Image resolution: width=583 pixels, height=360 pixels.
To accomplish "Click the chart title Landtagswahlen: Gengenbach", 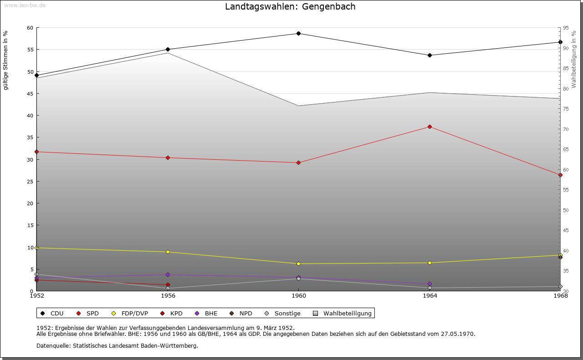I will click(290, 7).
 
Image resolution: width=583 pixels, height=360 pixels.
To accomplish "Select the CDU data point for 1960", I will click(298, 33).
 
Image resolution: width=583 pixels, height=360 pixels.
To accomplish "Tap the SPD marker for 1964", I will click(430, 127).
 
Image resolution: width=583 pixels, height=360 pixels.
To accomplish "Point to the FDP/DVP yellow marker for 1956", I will click(168, 252).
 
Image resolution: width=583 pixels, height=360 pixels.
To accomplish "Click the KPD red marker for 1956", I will click(168, 285).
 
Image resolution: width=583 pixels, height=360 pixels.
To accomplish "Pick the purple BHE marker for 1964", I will click(430, 284).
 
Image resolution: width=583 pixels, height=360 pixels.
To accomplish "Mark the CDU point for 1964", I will click(430, 55).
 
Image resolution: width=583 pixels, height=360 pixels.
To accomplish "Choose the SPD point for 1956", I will click(168, 157).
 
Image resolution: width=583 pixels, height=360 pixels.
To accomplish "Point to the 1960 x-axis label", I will click(298, 296).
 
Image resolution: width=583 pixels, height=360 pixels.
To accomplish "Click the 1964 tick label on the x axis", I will click(430, 296).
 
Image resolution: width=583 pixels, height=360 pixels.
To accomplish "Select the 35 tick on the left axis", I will click(31, 137).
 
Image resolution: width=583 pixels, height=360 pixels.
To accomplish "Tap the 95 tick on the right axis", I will click(565, 28).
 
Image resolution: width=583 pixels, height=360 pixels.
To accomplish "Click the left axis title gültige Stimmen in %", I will click(6, 60).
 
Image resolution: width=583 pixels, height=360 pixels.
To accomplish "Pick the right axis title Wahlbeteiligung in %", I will click(574, 59).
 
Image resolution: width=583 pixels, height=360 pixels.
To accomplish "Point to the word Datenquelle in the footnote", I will click(51, 345).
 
